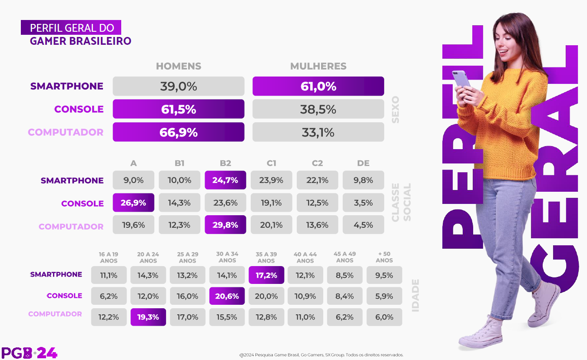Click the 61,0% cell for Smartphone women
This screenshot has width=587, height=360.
[318, 86]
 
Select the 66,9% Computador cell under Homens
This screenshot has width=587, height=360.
[178, 132]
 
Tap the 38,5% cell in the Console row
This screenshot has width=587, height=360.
[318, 109]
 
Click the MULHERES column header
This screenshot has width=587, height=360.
[318, 67]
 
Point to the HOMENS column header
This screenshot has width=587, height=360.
[179, 67]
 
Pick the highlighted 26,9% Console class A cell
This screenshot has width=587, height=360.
[133, 203]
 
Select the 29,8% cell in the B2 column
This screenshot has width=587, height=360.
[225, 225]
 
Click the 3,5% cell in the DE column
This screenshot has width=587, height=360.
[363, 203]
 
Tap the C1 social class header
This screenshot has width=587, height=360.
[272, 163]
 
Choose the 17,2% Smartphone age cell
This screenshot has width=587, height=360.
[266, 275]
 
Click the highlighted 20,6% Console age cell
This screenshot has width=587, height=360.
[227, 296]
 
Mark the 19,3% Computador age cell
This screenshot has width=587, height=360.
[148, 317]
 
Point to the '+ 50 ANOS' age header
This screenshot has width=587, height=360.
[384, 257]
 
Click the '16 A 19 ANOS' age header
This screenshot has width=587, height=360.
[109, 257]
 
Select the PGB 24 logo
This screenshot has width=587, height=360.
[29, 353]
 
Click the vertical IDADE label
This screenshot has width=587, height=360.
[415, 295]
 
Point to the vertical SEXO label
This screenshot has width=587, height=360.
[395, 109]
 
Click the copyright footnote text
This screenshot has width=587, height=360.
[322, 355]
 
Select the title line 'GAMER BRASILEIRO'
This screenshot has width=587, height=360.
[80, 41]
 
